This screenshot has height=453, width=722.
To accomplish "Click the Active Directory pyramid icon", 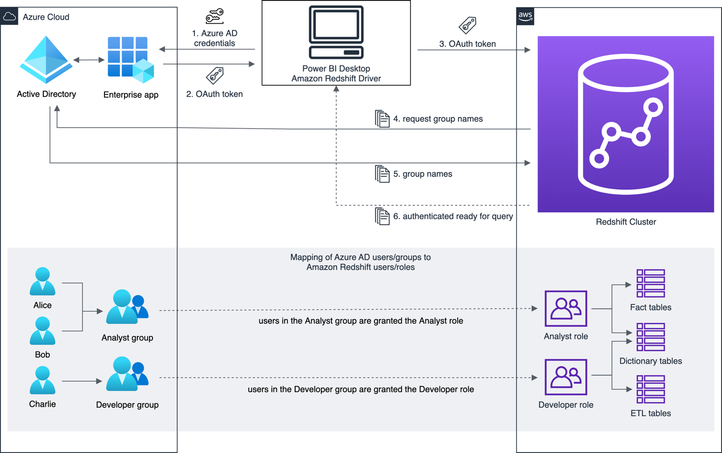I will pos(46,60).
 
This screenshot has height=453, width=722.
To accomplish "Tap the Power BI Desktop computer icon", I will pos(336,32).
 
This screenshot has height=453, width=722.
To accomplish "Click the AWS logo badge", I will pos(525,16).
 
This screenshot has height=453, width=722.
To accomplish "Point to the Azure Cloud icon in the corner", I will pos(10,17).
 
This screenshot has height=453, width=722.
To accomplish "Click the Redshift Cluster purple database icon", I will pos(626,124).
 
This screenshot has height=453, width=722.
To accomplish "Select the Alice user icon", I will pos(42,281).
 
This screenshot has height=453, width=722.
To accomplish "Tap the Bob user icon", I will pos(42,331).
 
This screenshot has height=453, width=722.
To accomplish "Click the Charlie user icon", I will pos(42,380).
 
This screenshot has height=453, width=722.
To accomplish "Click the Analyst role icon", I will pos(566,308).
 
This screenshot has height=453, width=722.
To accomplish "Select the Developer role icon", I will pos(566,377).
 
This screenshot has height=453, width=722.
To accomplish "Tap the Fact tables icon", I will pos(650,283).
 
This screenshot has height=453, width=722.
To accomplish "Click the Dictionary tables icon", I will pos(650,337).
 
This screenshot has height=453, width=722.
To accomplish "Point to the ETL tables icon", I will pos(650,389).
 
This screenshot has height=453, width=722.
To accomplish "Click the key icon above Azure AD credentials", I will pos(214,16).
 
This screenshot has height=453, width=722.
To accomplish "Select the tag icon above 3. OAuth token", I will pos(467,25).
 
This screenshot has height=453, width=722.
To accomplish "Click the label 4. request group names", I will pos(437,119).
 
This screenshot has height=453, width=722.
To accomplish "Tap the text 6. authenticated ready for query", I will pos(453,216).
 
